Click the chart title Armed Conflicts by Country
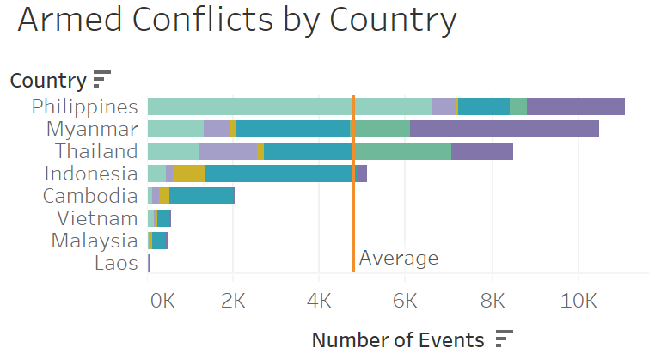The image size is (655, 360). tap(236, 21)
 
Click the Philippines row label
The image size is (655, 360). tap(84, 107)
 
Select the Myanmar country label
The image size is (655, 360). tap(92, 129)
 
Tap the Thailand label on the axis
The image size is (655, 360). tap(96, 151)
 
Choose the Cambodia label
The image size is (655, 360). tap(90, 196)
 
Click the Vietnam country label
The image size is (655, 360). tap(97, 218)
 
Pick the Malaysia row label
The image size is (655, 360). tap(95, 241)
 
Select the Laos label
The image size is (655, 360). tap(116, 263)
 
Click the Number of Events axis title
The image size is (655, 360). tap(398, 339)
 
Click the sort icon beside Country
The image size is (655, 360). tap(102, 80)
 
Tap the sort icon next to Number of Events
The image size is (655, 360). tap(505, 339)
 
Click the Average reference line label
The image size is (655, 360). tap(399, 259)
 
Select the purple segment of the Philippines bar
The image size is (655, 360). tap(576, 107)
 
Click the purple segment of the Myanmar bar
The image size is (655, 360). tap(505, 129)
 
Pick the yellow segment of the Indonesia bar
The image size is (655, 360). tap(189, 174)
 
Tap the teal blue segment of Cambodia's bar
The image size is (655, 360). tap(201, 196)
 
